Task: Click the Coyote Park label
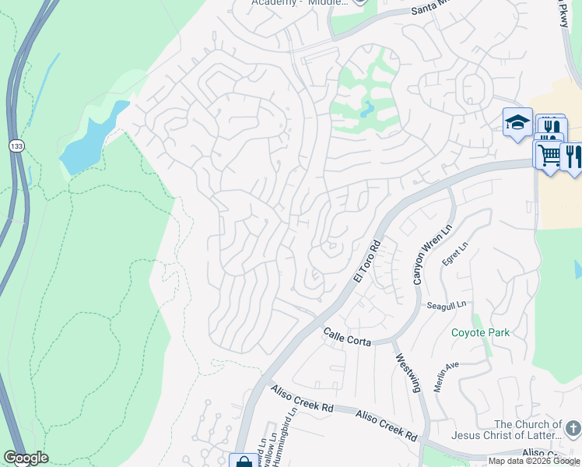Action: (481, 332)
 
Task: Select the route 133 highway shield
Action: (16, 146)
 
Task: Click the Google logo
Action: (26, 458)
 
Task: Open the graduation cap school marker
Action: (517, 122)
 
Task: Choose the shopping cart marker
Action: (549, 154)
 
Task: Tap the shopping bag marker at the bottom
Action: (243, 461)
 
